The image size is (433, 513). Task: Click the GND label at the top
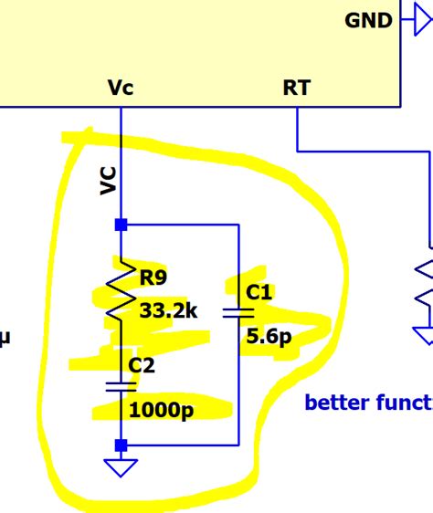pyautogui.click(x=368, y=20)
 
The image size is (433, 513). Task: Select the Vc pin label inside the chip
pyautogui.click(x=121, y=88)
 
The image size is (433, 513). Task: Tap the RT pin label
pyautogui.click(x=297, y=88)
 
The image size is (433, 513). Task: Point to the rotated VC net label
pyautogui.click(x=108, y=181)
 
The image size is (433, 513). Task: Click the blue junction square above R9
pyautogui.click(x=121, y=225)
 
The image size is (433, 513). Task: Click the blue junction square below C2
pyautogui.click(x=121, y=445)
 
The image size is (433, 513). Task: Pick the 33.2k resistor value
pyautogui.click(x=168, y=310)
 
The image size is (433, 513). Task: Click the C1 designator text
pyautogui.click(x=260, y=292)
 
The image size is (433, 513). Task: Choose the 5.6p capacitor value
pyautogui.click(x=269, y=338)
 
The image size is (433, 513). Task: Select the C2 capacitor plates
pyautogui.click(x=121, y=385)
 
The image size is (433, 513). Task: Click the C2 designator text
pyautogui.click(x=143, y=366)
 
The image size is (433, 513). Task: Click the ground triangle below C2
pyautogui.click(x=121, y=467)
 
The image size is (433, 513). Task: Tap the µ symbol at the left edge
pyautogui.click(x=5, y=339)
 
